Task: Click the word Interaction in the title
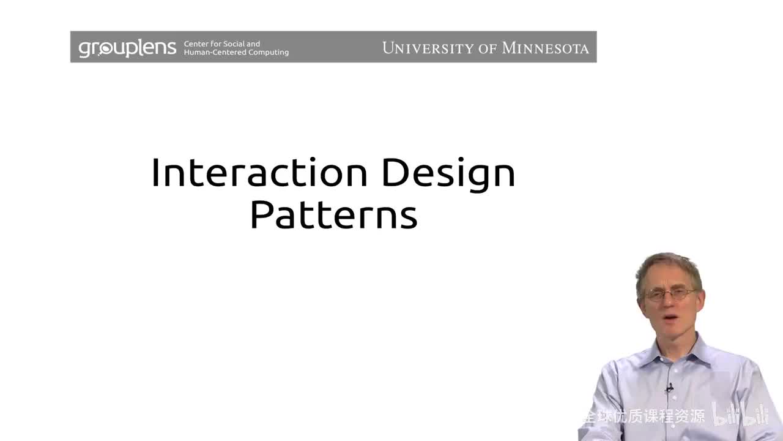[x=259, y=173]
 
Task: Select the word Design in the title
[x=448, y=174]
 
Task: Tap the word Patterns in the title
[x=333, y=215]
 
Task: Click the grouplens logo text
[x=127, y=48]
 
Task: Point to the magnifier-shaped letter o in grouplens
[x=105, y=48]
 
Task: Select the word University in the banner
[x=426, y=48]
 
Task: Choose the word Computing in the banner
[x=265, y=53]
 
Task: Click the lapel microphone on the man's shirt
[x=669, y=388]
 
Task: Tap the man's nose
[x=670, y=303]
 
